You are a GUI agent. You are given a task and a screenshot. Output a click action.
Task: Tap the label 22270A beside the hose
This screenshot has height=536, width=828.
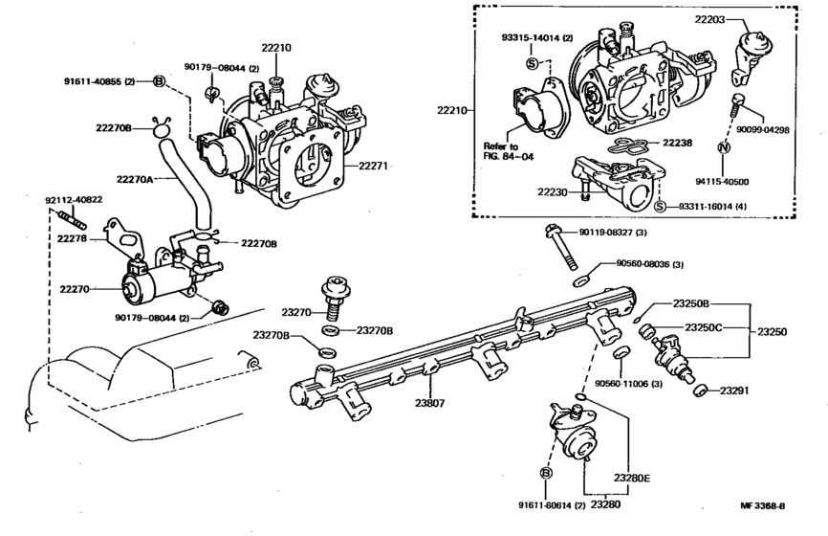click(x=137, y=177)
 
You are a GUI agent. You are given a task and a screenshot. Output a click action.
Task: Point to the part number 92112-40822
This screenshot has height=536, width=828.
click(x=75, y=200)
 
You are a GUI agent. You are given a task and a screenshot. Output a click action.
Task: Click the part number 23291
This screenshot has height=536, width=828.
click(x=736, y=390)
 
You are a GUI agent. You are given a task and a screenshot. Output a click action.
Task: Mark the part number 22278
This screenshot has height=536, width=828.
click(x=73, y=238)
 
